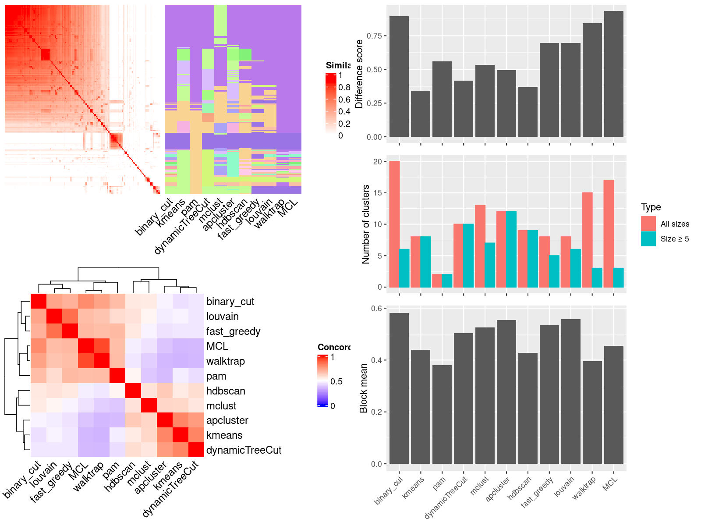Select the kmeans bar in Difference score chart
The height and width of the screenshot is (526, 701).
[421, 114]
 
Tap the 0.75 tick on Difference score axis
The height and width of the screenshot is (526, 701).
[374, 36]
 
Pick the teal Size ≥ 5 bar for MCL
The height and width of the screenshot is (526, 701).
[619, 277]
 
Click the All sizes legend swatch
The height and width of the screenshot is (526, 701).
[648, 224]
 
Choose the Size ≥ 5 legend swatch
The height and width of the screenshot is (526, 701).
[648, 238]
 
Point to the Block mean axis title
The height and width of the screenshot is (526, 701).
[363, 388]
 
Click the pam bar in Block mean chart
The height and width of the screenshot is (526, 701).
[442, 414]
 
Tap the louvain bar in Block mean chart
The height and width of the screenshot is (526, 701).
[570, 391]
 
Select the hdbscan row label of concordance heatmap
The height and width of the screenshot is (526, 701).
[226, 391]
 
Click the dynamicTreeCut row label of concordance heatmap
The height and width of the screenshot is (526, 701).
[244, 450]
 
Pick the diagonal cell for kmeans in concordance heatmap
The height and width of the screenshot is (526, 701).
[181, 435]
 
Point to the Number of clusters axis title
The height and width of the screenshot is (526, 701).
[365, 224]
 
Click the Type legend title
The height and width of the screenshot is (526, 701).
[651, 207]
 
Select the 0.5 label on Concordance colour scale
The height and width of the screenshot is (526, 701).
[336, 381]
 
